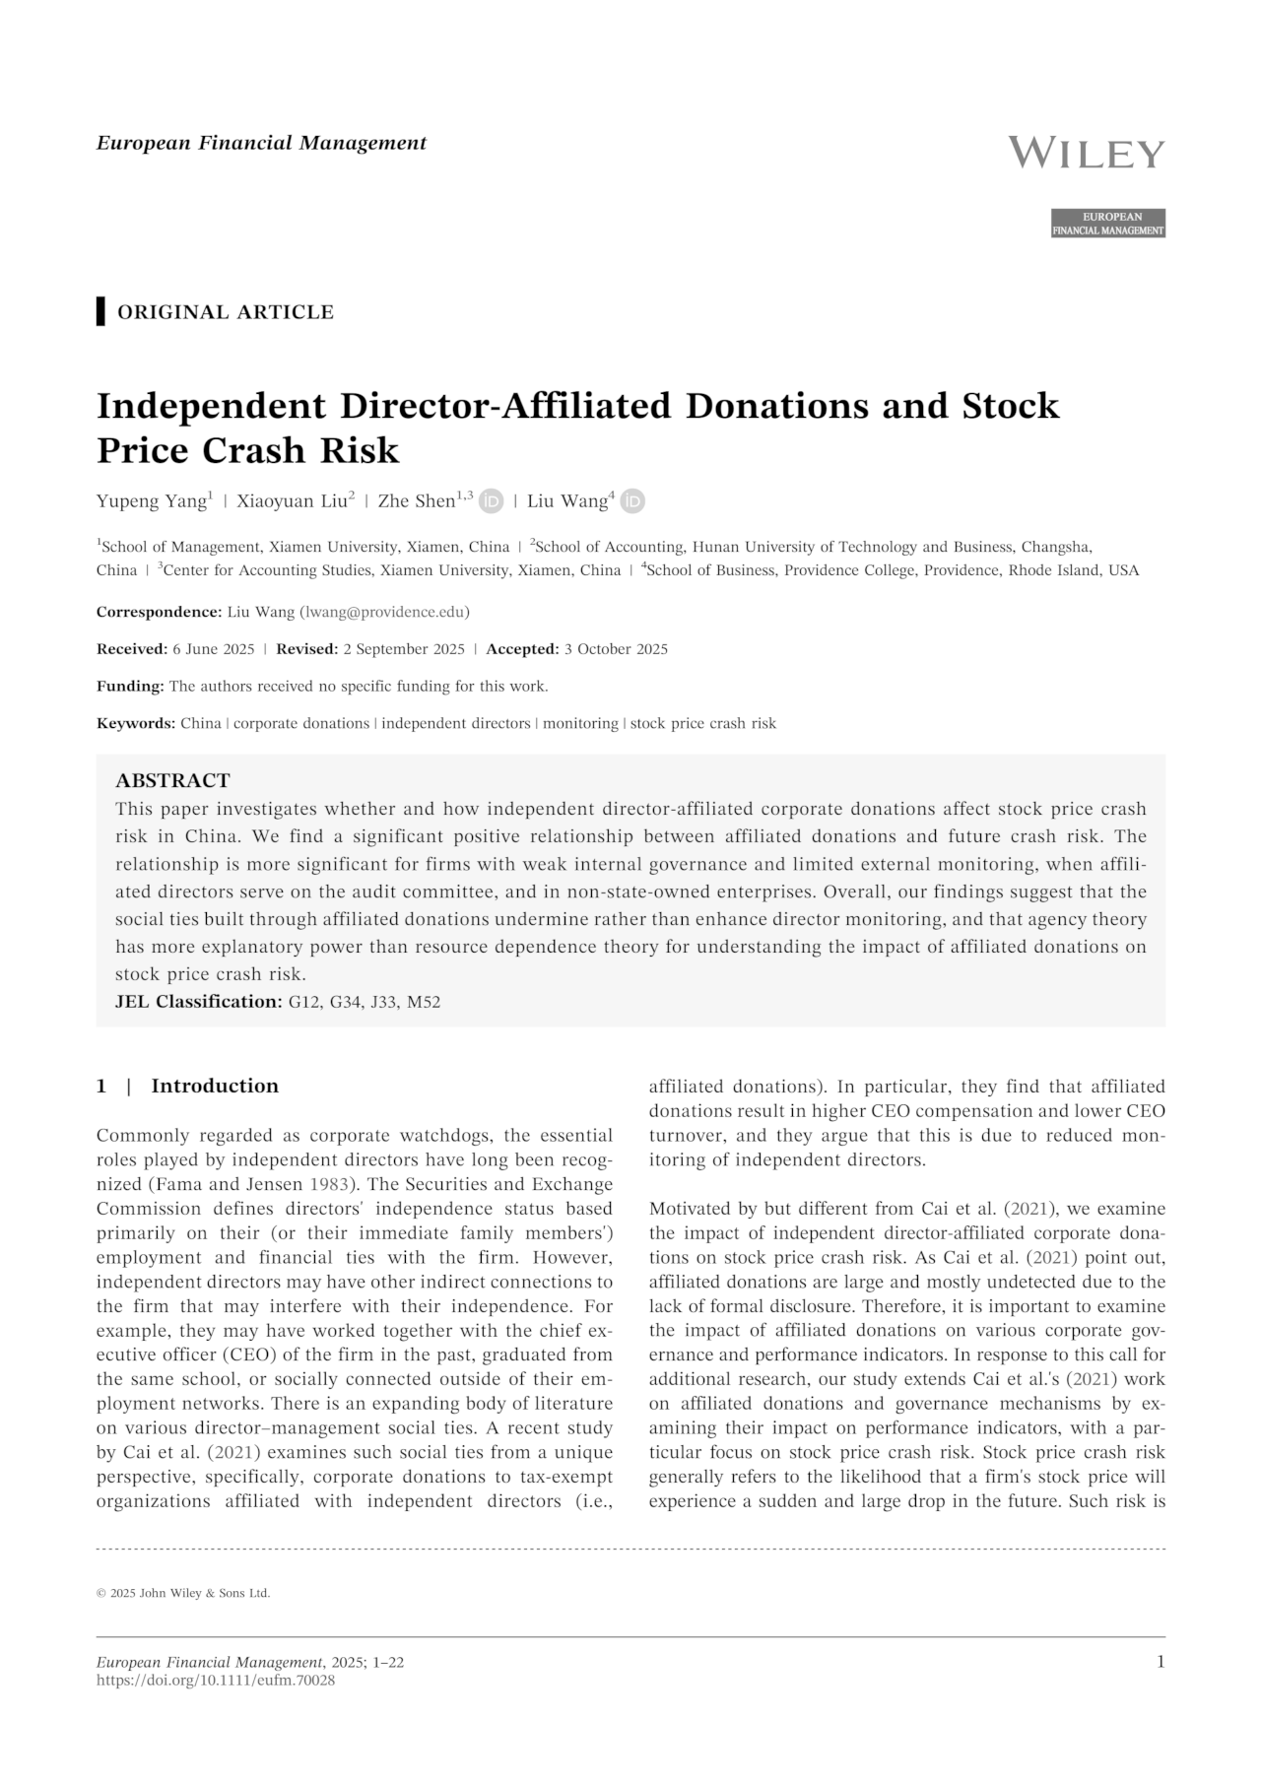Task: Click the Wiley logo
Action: pos(1087,154)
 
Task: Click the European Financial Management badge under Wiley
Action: pos(1108,224)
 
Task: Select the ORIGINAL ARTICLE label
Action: pos(226,312)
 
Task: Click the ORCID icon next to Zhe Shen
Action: pos(491,501)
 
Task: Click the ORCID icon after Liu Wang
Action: pos(632,501)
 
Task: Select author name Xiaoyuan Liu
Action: pos(292,501)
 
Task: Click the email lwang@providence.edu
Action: pos(384,612)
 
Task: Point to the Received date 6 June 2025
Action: pos(213,649)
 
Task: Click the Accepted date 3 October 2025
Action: pos(615,649)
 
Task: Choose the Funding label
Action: pos(130,687)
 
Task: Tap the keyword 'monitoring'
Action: pos(580,724)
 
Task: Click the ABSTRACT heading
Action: pos(172,781)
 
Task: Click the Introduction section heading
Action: pos(215,1087)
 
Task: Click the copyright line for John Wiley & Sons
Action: pos(183,1593)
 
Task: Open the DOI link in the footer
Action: pos(216,1681)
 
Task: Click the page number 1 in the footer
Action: pos(1160,1663)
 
